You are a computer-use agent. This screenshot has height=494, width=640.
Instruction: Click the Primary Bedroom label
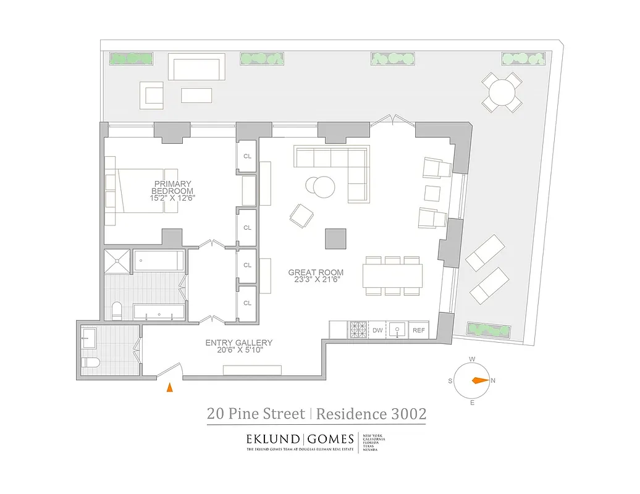169,187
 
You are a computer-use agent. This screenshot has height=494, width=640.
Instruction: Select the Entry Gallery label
238,343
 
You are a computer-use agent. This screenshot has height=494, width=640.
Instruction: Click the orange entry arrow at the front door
169,387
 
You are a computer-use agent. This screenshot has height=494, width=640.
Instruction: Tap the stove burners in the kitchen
358,330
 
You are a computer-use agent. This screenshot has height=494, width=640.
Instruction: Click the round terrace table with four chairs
502,93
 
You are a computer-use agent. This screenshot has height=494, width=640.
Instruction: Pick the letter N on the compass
493,381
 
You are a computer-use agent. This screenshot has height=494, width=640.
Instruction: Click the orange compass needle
479,381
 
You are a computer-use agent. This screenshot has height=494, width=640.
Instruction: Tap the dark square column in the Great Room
336,238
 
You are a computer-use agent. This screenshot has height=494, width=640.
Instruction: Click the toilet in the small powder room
88,362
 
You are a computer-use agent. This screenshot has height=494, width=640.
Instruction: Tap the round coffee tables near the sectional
321,186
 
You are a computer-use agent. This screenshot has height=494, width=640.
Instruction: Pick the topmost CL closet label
247,156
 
